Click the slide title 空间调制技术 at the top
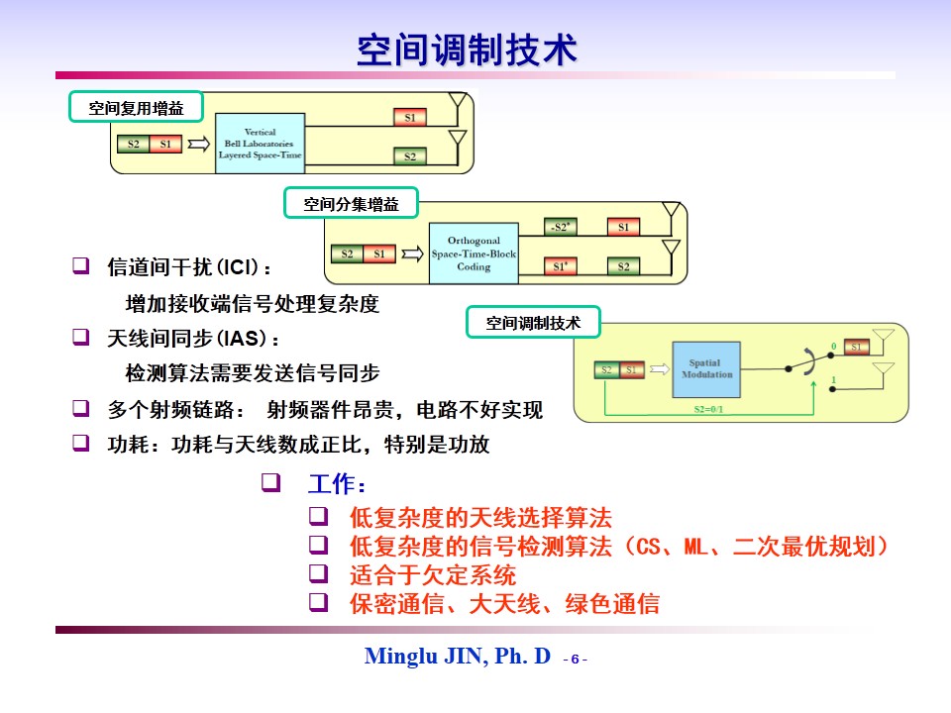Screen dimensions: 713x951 [466, 50]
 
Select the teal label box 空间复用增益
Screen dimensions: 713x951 [136, 108]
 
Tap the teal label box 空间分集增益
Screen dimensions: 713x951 [351, 205]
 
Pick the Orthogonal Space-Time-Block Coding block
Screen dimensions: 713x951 [474, 254]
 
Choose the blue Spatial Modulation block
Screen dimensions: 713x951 [706, 369]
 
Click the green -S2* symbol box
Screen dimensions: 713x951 [561, 228]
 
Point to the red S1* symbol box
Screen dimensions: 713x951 [561, 266]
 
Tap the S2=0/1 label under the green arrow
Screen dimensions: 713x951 [706, 407]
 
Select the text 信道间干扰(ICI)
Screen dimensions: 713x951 [187, 267]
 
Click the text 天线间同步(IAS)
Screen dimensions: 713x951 [186, 339]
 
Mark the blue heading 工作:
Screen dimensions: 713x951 [338, 485]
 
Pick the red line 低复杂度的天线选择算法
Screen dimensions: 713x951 [480, 517]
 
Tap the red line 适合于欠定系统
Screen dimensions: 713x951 [433, 574]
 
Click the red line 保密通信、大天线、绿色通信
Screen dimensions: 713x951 [504, 603]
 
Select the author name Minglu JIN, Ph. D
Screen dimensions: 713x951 [457, 656]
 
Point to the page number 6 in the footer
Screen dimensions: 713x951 [575, 659]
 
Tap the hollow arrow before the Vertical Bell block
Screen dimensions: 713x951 [199, 145]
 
